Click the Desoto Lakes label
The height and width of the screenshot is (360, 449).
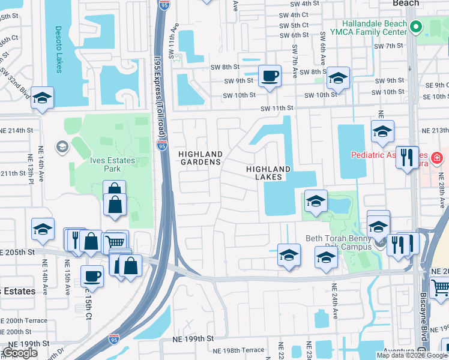pyautogui.click(x=59, y=49)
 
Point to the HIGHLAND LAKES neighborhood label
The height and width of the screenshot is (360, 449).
pyautogui.click(x=268, y=173)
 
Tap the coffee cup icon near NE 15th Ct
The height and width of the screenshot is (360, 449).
pyautogui.click(x=92, y=277)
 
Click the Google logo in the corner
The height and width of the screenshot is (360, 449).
pyautogui.click(x=19, y=353)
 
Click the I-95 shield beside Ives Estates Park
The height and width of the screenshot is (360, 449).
pyautogui.click(x=161, y=145)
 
